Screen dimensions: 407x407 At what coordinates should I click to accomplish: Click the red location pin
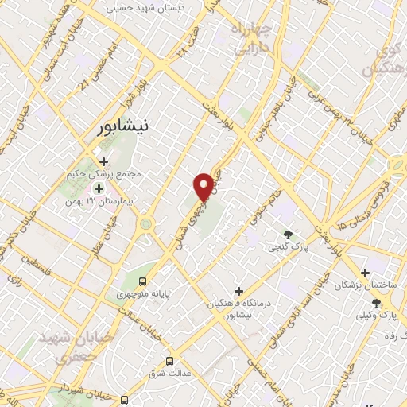pos(205,186)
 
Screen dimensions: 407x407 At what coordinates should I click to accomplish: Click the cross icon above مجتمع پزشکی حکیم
pos(103,161)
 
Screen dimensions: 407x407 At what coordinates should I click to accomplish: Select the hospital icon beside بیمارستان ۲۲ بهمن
pos(99,188)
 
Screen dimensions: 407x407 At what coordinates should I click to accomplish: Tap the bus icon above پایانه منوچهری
pos(143,281)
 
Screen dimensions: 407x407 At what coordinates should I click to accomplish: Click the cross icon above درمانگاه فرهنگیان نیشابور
pos(238,291)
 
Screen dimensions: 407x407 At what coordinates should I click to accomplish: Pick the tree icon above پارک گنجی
pos(288,234)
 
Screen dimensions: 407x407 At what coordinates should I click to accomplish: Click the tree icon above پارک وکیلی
pos(376,303)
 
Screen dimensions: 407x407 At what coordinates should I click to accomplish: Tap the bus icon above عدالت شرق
pos(169,362)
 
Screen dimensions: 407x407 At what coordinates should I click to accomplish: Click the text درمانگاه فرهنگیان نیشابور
pos(238,308)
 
